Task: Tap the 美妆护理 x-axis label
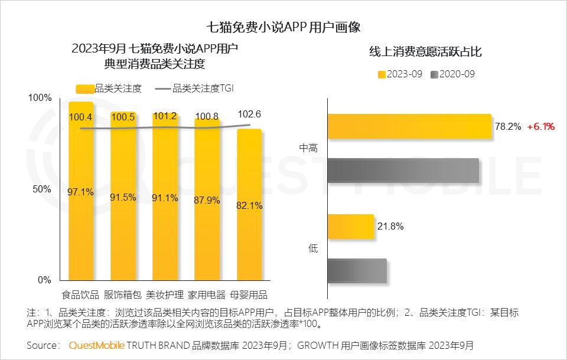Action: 165,294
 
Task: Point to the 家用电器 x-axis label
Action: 207,294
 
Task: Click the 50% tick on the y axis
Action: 40,189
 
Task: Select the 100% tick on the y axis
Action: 39,97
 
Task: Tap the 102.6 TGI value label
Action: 249,114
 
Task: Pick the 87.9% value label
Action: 207,200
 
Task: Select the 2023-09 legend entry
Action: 400,74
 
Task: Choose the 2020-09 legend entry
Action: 452,74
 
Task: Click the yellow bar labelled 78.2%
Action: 409,126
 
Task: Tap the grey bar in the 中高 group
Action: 402,171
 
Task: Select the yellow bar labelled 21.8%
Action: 350,227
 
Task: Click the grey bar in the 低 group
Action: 357,271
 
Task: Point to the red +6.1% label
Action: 540,126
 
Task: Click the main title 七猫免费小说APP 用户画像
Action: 283,27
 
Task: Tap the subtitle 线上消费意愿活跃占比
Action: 425,53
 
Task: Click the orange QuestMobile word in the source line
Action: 96,345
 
